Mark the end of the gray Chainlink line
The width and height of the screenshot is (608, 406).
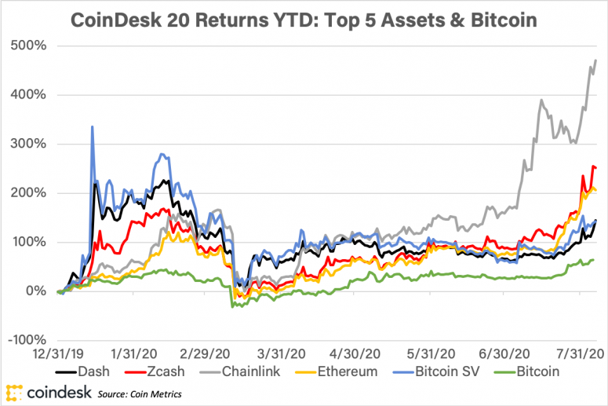(596, 60)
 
